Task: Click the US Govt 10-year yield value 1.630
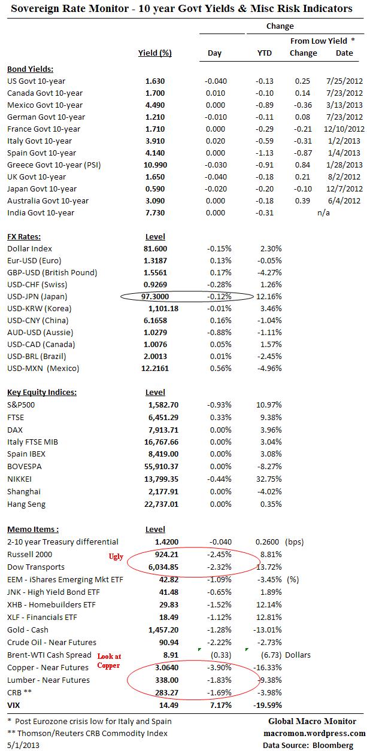(x=154, y=81)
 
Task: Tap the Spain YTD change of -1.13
(x=264, y=153)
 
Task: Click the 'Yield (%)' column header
(x=154, y=53)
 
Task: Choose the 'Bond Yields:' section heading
(x=30, y=68)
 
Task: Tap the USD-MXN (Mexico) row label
(x=43, y=368)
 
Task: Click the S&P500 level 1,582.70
(x=162, y=405)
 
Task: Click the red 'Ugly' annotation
(x=115, y=556)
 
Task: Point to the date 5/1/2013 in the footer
(x=22, y=744)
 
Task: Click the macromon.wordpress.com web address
(x=314, y=733)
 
